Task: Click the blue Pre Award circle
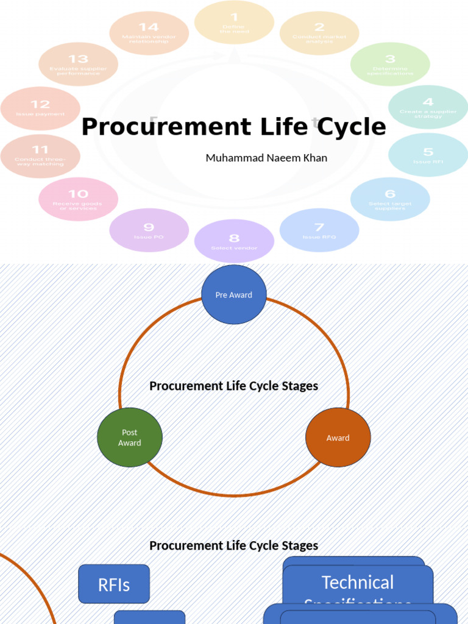pos(234,294)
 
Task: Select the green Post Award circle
pos(130,438)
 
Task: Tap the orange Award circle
pos(338,438)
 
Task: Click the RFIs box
pos(114,584)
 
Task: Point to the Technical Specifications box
pos(358,585)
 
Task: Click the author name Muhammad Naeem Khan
pos(266,158)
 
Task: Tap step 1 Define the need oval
pos(234,23)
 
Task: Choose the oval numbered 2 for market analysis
pos(319,33)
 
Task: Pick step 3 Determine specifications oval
pos(390,64)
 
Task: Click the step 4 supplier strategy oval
pos(428,107)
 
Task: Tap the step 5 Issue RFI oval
pos(428,155)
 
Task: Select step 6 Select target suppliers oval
pos(390,199)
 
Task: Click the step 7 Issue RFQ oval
pos(319,230)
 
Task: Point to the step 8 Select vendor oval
pos(234,241)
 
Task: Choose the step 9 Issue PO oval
pos(149,230)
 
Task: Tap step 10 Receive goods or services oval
pos(78,199)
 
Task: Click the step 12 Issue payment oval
pos(40,108)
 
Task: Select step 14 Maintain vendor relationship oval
pos(149,33)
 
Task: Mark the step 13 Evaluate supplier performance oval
pos(78,64)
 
